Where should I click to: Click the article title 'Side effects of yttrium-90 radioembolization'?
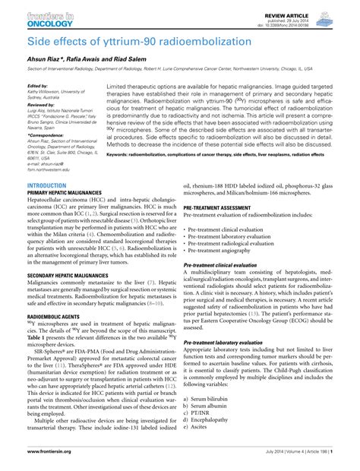pyautogui.click(x=131, y=40)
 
